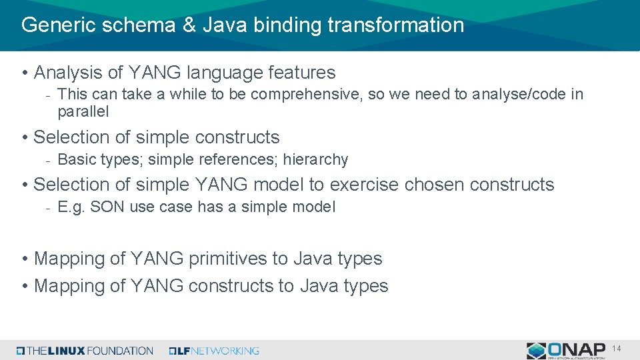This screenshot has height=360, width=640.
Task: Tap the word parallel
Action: click(x=83, y=111)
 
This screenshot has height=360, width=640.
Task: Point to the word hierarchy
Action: click(x=319, y=159)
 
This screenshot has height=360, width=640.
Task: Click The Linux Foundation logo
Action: click(x=85, y=350)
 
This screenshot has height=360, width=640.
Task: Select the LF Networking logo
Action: click(x=214, y=350)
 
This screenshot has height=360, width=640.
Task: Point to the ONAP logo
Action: click(x=566, y=350)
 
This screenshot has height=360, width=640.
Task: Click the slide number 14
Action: click(x=617, y=348)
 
